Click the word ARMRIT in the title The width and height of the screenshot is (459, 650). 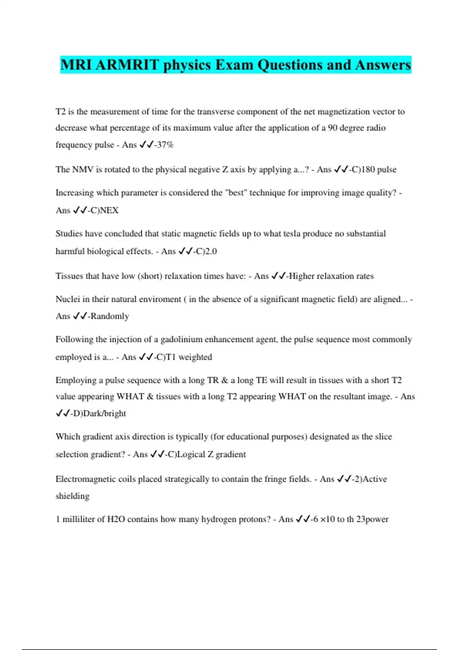[127, 65]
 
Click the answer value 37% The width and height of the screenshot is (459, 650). [165, 145]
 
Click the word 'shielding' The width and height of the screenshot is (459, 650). [72, 496]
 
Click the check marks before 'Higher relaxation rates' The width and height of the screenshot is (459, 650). [278, 276]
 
